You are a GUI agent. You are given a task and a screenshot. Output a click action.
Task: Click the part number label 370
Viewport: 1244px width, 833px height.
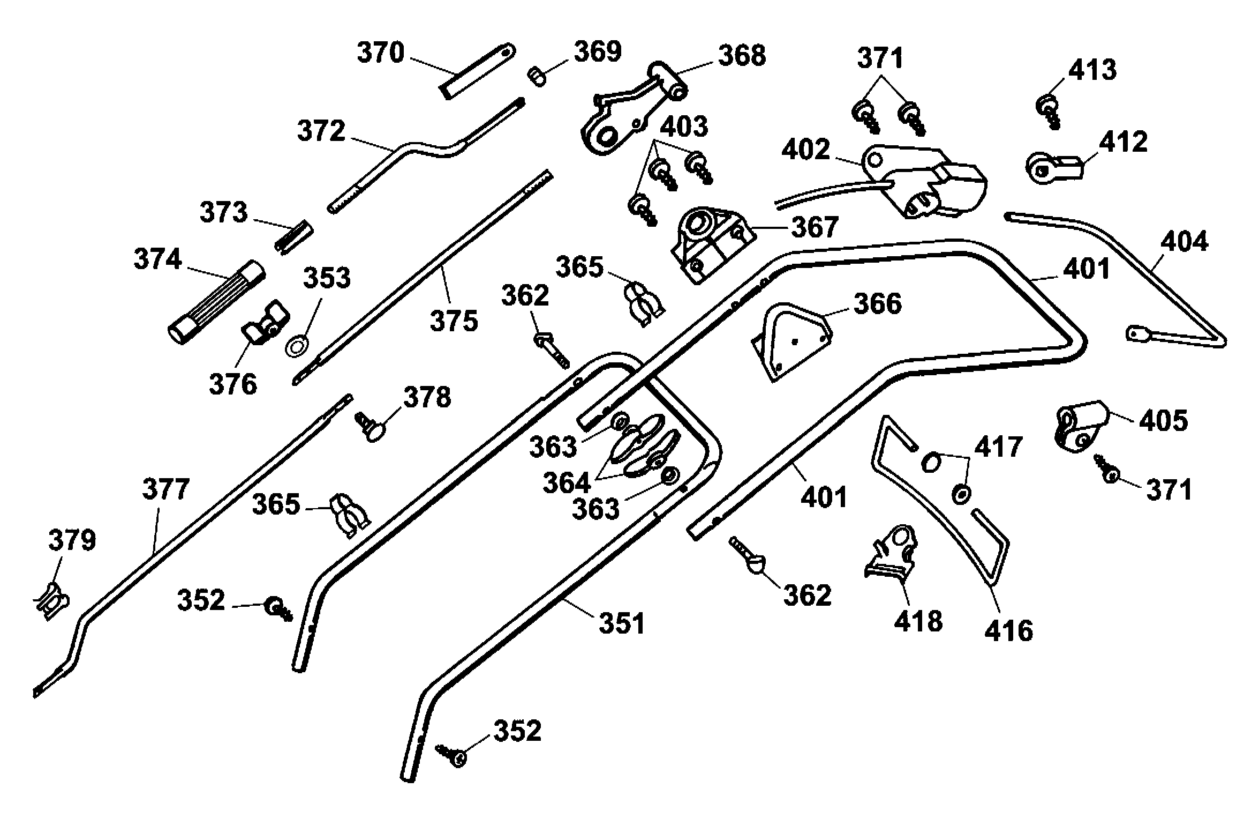[x=380, y=54]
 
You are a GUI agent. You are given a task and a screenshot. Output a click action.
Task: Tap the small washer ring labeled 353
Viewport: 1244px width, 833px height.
[x=296, y=346]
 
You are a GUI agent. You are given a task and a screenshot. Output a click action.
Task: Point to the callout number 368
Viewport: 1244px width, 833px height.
[x=742, y=56]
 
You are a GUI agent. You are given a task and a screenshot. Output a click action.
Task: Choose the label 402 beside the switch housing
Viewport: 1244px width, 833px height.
[x=805, y=150]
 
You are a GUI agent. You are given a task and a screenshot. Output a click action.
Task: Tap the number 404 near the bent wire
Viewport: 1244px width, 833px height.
[x=1185, y=242]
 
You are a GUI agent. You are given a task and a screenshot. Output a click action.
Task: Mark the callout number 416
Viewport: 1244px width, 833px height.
[x=1008, y=631]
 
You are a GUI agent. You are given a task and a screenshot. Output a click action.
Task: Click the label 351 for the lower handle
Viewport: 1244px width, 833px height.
[x=622, y=623]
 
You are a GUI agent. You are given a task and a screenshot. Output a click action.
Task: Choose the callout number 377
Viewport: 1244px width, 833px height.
[x=166, y=489]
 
